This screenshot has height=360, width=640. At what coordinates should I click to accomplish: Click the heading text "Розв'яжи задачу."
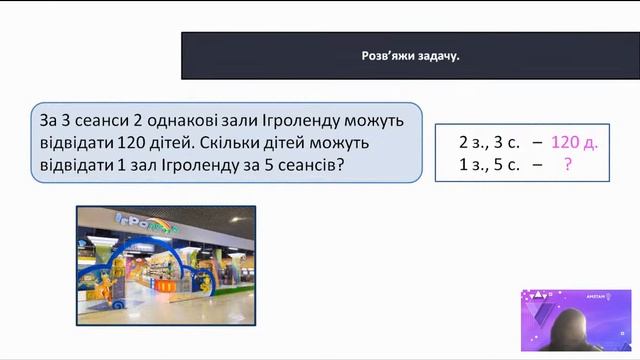(x=410, y=56)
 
